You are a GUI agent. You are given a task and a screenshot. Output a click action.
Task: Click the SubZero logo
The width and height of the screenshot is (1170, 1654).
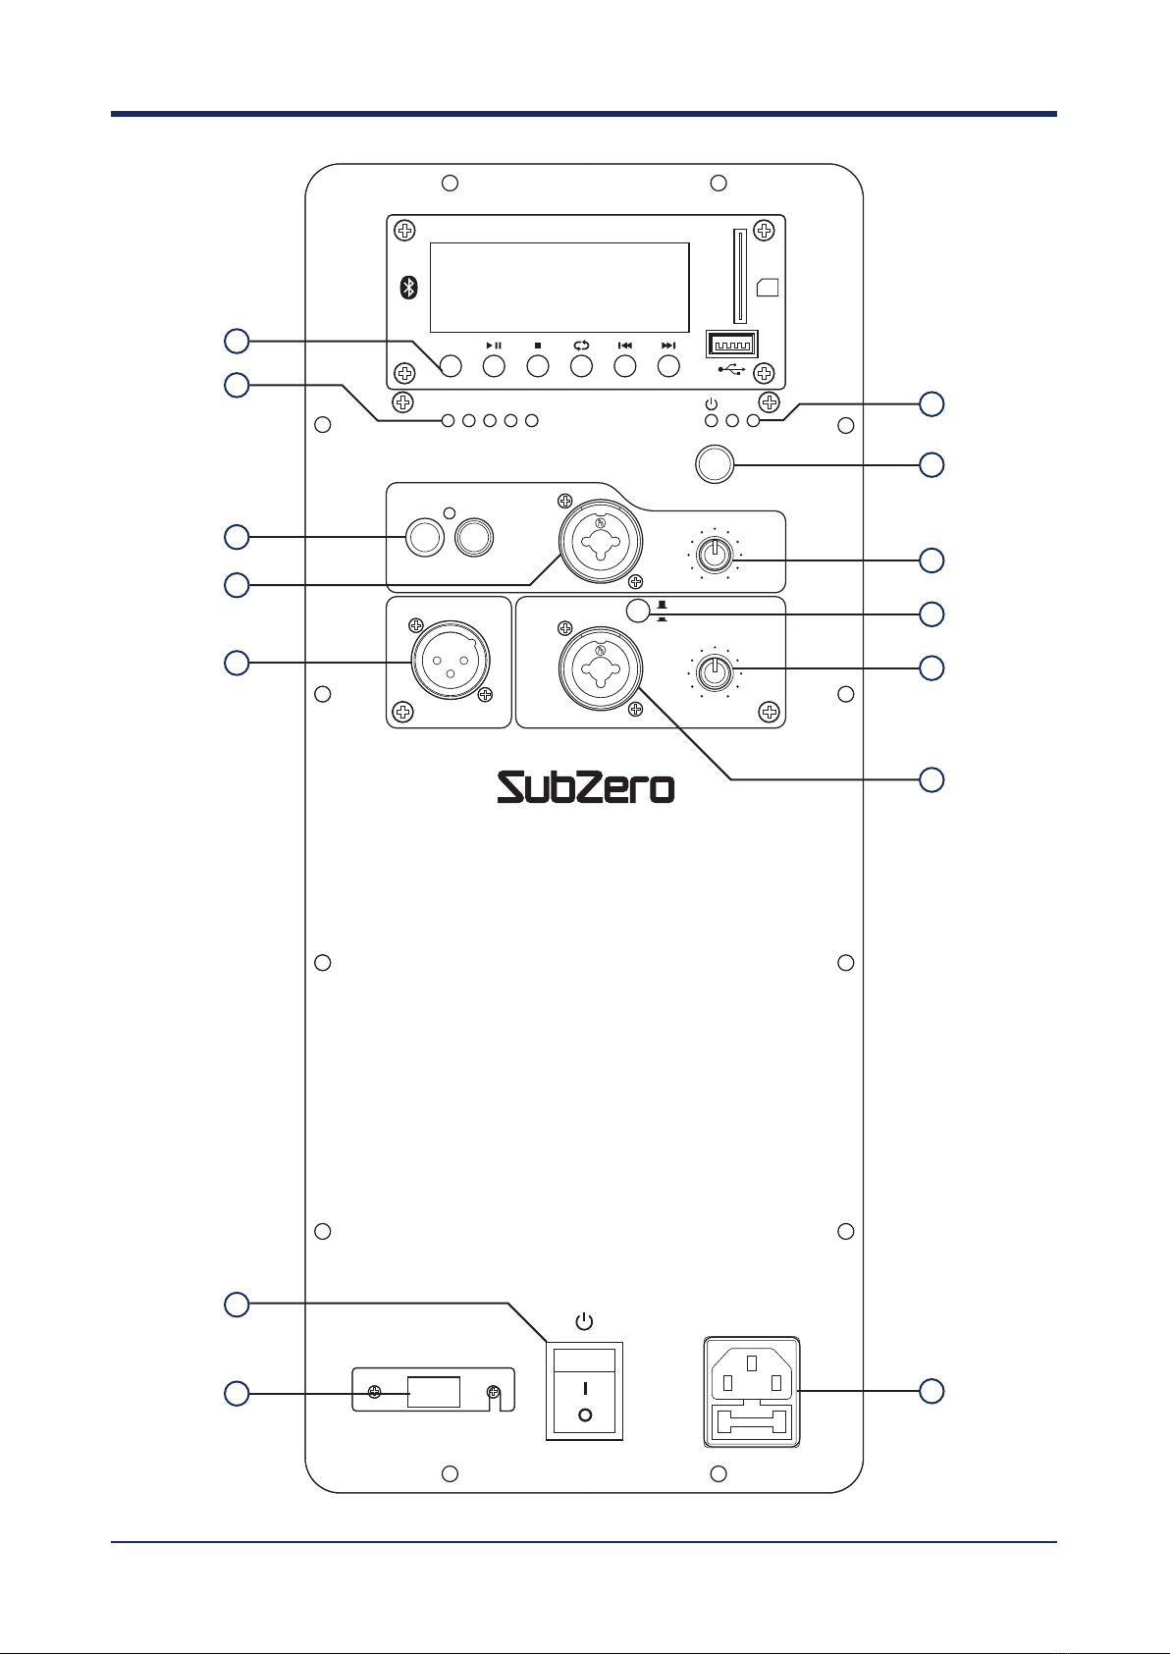pyautogui.click(x=585, y=787)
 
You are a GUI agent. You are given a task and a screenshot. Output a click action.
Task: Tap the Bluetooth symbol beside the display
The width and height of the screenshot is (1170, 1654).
pyautogui.click(x=409, y=288)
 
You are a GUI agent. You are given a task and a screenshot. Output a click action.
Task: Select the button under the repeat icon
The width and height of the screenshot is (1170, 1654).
pyautogui.click(x=582, y=366)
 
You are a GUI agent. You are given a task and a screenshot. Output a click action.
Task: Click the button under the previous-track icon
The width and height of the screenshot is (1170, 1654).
pyautogui.click(x=625, y=366)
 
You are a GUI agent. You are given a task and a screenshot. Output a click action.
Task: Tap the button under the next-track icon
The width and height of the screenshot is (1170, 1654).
pyautogui.click(x=668, y=366)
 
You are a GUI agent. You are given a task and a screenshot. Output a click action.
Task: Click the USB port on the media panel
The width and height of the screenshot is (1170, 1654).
pyautogui.click(x=731, y=345)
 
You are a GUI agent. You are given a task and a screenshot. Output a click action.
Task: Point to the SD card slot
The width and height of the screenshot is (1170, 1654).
pyautogui.click(x=739, y=276)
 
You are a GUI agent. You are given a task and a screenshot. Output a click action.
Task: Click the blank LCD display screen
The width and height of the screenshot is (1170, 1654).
pyautogui.click(x=559, y=288)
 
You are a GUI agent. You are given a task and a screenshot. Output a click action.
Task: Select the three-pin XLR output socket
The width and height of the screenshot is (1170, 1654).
pyautogui.click(x=451, y=661)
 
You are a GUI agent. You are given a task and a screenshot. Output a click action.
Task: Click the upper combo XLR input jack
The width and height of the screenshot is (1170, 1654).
pyautogui.click(x=600, y=541)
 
